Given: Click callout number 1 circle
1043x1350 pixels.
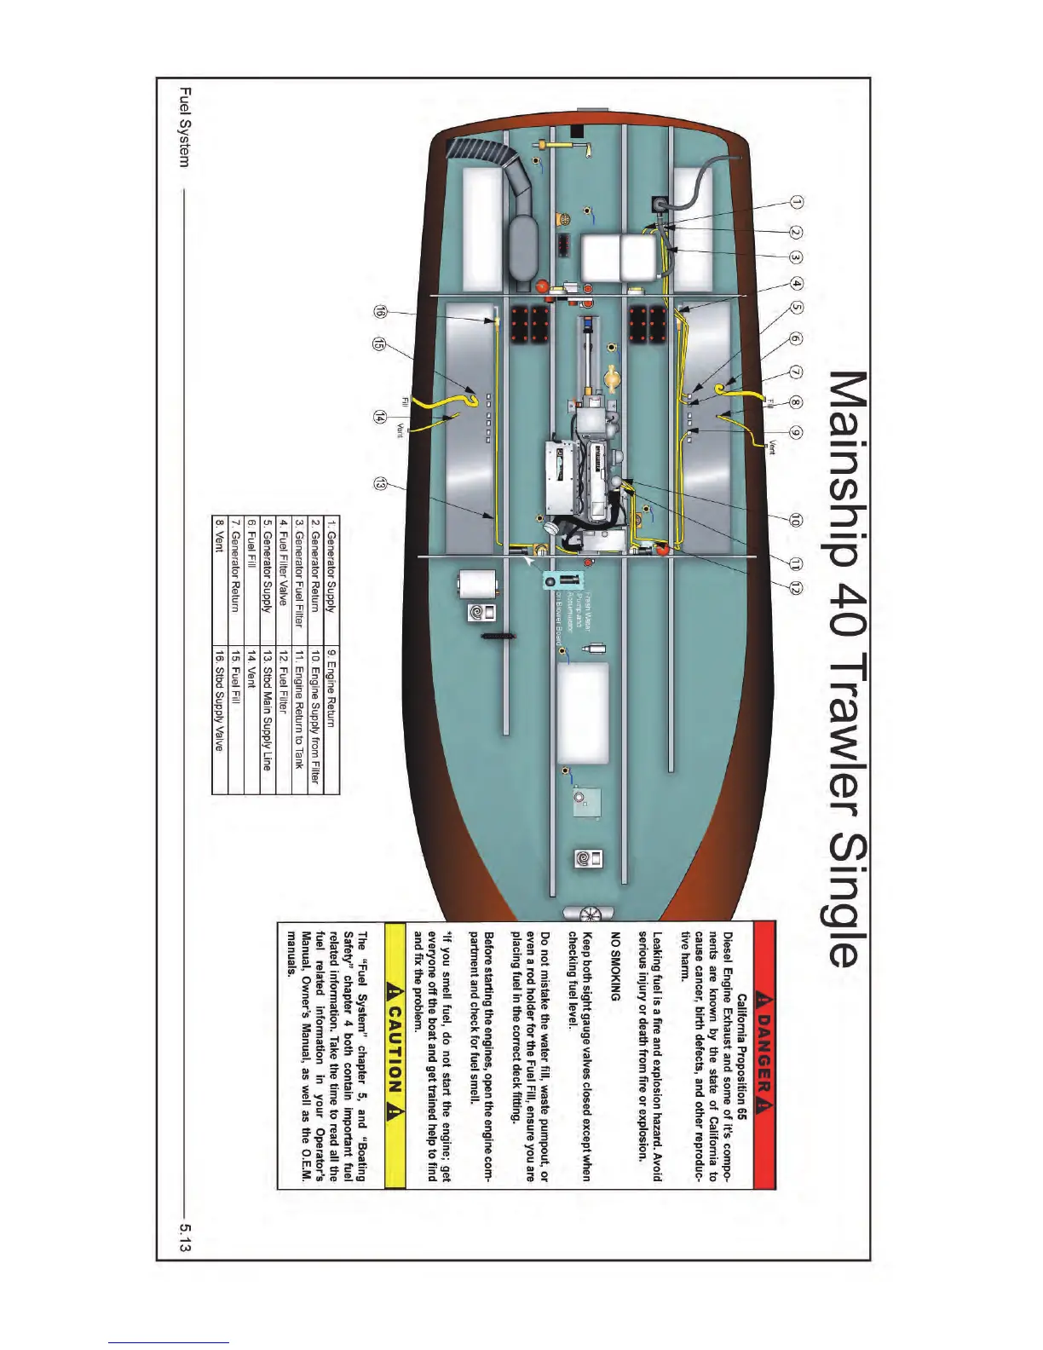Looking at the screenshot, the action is click(x=796, y=203).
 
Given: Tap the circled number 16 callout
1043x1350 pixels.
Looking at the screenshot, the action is click(x=380, y=313).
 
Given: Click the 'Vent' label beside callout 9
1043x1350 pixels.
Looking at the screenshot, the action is click(x=771, y=447).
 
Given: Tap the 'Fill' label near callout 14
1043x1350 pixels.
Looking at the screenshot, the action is click(x=406, y=402).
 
